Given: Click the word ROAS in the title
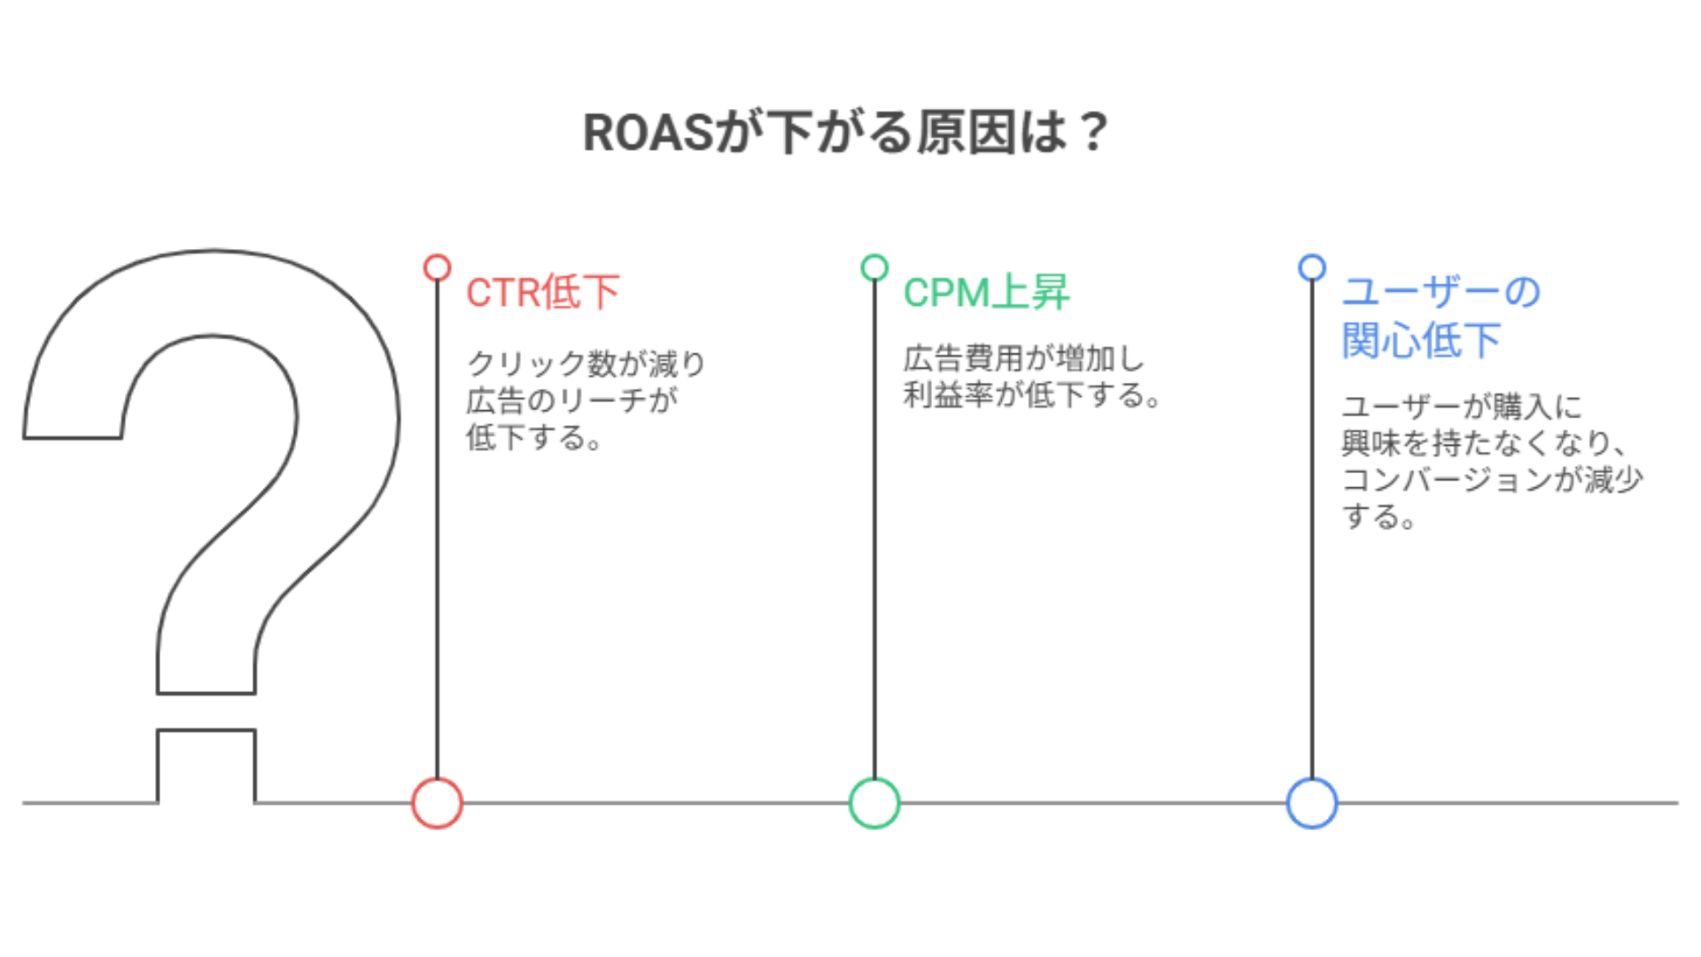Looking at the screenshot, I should pyautogui.click(x=648, y=133).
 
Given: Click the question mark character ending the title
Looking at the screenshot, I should pyautogui.click(x=1094, y=133).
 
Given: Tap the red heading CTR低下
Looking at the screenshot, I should pyautogui.click(x=543, y=292).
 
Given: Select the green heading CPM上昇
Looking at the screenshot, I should pyautogui.click(x=986, y=292).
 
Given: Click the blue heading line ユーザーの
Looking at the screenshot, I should pyautogui.click(x=1441, y=292).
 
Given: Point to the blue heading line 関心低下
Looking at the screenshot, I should pyautogui.click(x=1421, y=340).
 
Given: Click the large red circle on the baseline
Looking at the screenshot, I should pyautogui.click(x=437, y=803).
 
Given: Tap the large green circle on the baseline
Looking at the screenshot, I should pyautogui.click(x=874, y=803).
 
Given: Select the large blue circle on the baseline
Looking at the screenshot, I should pyautogui.click(x=1312, y=803).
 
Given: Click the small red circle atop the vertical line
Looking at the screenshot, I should pyautogui.click(x=437, y=268).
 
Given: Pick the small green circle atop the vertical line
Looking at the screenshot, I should pyautogui.click(x=874, y=268).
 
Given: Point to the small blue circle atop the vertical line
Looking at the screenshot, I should pyautogui.click(x=1312, y=268).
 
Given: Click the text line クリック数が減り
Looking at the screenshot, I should pyautogui.click(x=586, y=363).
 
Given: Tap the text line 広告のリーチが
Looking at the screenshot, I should pyautogui.click(x=572, y=401).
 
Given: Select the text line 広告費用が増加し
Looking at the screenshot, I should pyautogui.click(x=1024, y=359).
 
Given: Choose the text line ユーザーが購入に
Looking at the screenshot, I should pyautogui.click(x=1462, y=407).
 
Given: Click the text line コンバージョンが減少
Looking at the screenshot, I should pyautogui.click(x=1492, y=479).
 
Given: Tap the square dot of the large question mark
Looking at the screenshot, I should pyautogui.click(x=206, y=766).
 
